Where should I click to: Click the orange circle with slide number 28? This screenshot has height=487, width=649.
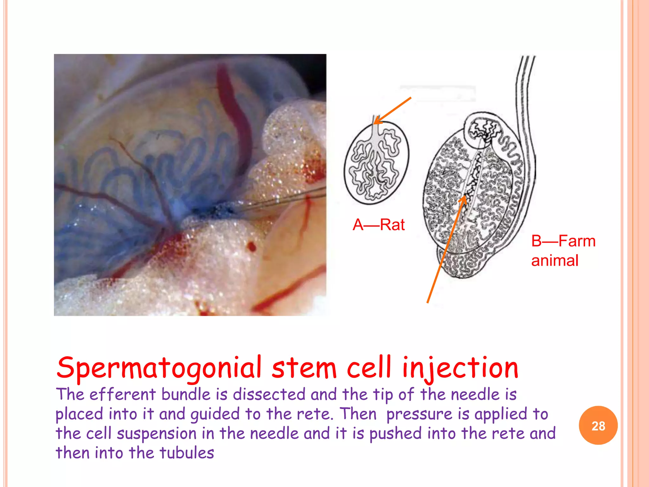tap(598, 425)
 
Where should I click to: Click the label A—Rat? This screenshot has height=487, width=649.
tap(379, 225)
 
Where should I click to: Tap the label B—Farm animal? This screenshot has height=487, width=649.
tap(563, 250)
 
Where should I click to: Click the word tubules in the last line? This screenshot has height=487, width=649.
tap(187, 453)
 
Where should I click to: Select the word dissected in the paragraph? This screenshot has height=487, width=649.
tap(269, 395)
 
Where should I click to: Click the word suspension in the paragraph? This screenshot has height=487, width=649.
tap(157, 433)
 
